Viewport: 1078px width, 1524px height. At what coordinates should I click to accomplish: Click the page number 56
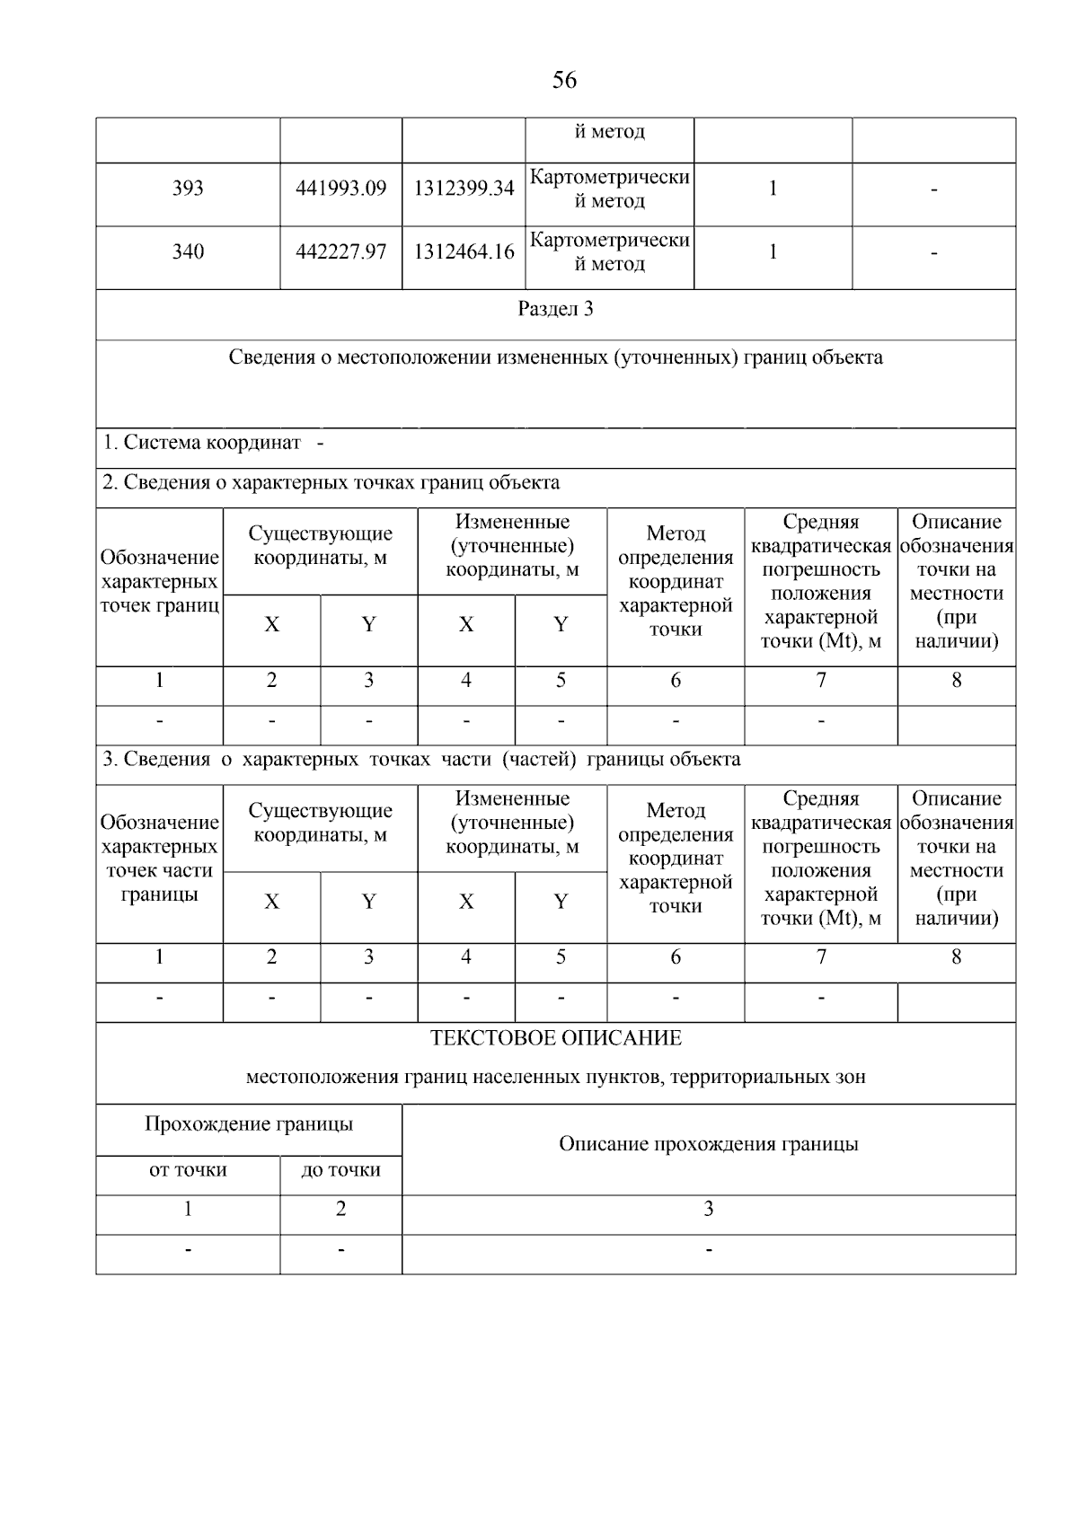(564, 81)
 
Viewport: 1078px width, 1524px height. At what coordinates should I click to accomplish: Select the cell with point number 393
(188, 189)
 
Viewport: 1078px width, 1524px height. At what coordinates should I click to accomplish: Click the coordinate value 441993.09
(340, 189)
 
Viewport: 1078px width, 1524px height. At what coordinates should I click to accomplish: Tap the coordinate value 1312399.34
(464, 189)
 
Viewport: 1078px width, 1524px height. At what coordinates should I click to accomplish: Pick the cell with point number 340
(188, 252)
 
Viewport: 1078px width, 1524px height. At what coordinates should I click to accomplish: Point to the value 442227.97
(340, 252)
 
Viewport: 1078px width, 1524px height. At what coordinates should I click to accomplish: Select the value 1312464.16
(464, 252)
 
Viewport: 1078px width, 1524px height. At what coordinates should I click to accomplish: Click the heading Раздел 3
(555, 310)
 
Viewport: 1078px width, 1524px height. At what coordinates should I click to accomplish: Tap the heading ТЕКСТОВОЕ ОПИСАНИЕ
(555, 1039)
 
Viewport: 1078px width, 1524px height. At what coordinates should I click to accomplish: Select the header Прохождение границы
(249, 1124)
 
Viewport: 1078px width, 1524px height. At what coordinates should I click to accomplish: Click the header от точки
(188, 1171)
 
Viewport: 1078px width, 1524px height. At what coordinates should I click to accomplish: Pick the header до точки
(340, 1171)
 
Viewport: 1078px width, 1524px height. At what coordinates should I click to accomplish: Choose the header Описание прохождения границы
(708, 1145)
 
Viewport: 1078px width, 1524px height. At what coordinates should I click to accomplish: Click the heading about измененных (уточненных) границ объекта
(555, 358)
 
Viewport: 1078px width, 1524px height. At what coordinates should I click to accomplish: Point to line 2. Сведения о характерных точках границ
(331, 483)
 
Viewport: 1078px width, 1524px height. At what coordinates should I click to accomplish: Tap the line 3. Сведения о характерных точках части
(421, 760)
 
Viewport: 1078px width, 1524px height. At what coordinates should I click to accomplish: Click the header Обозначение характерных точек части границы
(159, 859)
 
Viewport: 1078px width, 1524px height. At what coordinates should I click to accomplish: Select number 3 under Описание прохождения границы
(708, 1210)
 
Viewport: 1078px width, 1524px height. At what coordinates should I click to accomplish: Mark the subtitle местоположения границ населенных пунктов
(555, 1078)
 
